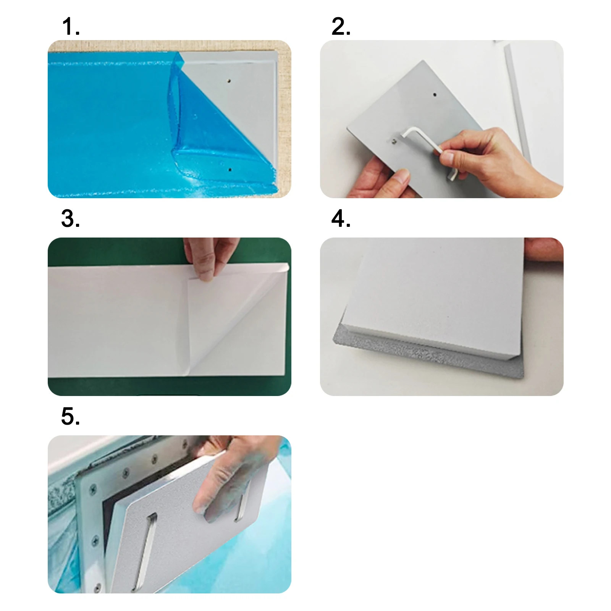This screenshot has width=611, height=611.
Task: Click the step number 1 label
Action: [71, 27]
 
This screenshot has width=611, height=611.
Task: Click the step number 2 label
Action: [341, 27]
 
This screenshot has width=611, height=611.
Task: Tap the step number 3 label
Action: [71, 219]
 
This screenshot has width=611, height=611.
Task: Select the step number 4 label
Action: [341, 219]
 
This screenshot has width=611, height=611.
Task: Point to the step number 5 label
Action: [71, 416]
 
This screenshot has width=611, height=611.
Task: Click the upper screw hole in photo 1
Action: [229, 81]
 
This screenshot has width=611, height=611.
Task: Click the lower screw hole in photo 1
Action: [230, 169]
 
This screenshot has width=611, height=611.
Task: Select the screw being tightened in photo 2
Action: [394, 141]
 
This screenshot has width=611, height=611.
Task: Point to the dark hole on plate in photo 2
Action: [435, 94]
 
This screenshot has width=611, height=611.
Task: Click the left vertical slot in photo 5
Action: [147, 550]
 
